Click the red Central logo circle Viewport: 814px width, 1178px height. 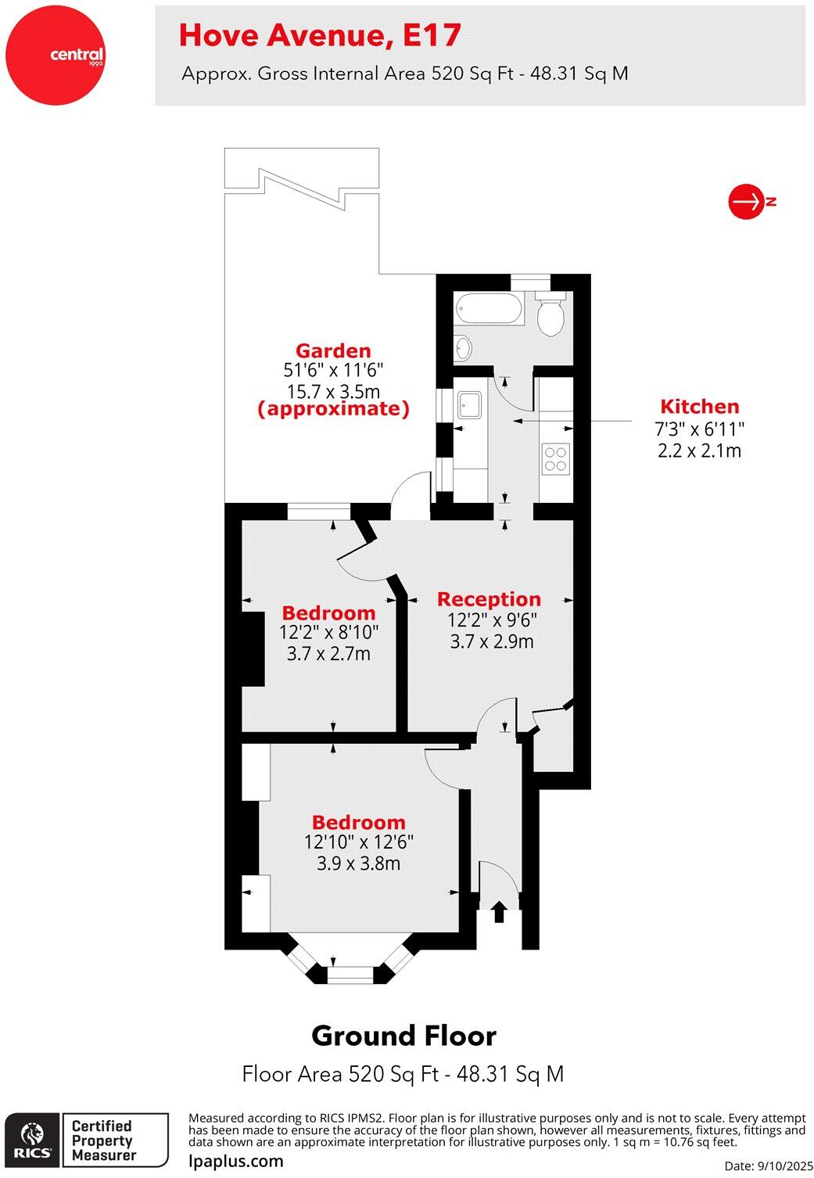[55, 55]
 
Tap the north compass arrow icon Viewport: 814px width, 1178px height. [746, 202]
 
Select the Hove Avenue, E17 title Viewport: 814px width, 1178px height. [320, 35]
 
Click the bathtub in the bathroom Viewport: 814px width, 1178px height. [489, 309]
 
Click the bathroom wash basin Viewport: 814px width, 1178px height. [463, 347]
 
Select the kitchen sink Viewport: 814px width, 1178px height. [470, 404]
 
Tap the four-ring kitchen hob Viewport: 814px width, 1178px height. [556, 458]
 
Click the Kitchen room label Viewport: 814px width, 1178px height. [699, 407]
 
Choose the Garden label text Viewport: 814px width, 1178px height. [333, 351]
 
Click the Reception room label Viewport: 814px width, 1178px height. [489, 599]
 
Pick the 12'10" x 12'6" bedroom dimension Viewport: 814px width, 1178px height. [358, 842]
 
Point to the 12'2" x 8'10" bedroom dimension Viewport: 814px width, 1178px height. [328, 633]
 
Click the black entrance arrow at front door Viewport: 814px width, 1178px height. [498, 910]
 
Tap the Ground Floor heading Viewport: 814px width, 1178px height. [403, 1036]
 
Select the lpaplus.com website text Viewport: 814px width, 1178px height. [236, 1161]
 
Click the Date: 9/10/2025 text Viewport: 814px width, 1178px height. [769, 1165]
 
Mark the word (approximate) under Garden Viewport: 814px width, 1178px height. [333, 409]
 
